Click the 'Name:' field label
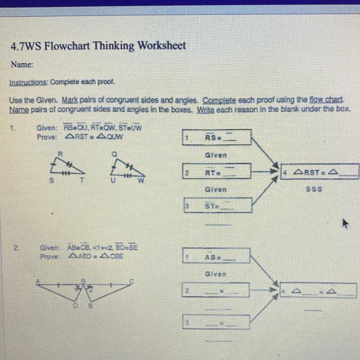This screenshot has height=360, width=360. (x=22, y=64)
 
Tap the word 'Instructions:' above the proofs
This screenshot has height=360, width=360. (x=29, y=82)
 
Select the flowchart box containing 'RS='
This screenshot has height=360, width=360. (x=217, y=139)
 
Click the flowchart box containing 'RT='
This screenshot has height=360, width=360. (x=217, y=173)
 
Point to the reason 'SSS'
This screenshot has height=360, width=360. (x=314, y=190)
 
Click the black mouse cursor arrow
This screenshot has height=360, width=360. (x=345, y=224)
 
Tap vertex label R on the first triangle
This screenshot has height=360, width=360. (x=62, y=153)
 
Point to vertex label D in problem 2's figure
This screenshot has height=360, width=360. (x=75, y=305)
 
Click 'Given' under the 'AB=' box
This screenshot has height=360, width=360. (x=216, y=274)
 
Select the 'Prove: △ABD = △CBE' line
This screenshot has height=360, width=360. (x=82, y=256)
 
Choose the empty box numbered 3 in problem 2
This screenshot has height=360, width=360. (x=216, y=322)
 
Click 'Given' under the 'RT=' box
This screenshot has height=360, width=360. (x=216, y=190)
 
